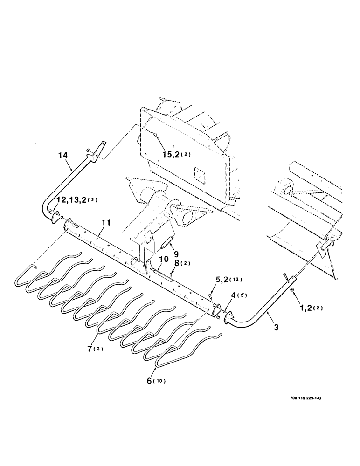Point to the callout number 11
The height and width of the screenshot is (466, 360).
click(x=106, y=223)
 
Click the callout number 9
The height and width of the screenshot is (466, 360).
click(x=176, y=254)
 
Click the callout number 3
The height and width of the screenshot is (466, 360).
click(x=276, y=328)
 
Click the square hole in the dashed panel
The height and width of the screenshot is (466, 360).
click(x=201, y=175)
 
